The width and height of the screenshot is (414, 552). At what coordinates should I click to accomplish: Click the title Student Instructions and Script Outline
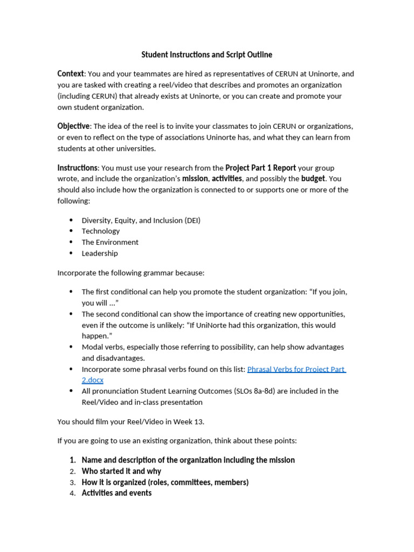(x=206, y=54)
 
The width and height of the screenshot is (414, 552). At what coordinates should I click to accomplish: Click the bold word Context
(x=71, y=74)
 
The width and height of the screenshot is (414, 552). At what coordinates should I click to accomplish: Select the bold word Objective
(x=73, y=126)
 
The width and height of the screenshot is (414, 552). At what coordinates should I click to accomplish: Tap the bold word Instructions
(x=77, y=168)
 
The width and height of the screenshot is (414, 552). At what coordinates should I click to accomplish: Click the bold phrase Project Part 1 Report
(x=260, y=168)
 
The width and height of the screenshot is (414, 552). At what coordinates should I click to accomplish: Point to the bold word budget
(x=313, y=178)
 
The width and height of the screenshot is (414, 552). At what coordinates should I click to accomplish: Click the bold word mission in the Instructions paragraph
(x=195, y=178)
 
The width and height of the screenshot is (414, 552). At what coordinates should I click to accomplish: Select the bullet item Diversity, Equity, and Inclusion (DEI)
(x=141, y=220)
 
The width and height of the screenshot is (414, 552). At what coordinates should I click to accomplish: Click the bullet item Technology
(x=101, y=231)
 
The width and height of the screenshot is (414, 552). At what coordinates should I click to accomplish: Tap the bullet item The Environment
(x=110, y=242)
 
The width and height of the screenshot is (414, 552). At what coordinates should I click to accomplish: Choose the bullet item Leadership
(x=100, y=253)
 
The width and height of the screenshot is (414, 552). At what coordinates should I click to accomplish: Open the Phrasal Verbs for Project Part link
(x=296, y=369)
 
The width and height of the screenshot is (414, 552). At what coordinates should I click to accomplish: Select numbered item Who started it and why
(x=121, y=471)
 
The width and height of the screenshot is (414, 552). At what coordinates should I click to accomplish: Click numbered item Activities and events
(x=116, y=493)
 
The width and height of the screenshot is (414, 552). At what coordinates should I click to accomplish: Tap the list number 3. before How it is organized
(x=72, y=482)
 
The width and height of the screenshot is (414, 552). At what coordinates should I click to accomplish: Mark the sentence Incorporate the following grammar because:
(x=131, y=273)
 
